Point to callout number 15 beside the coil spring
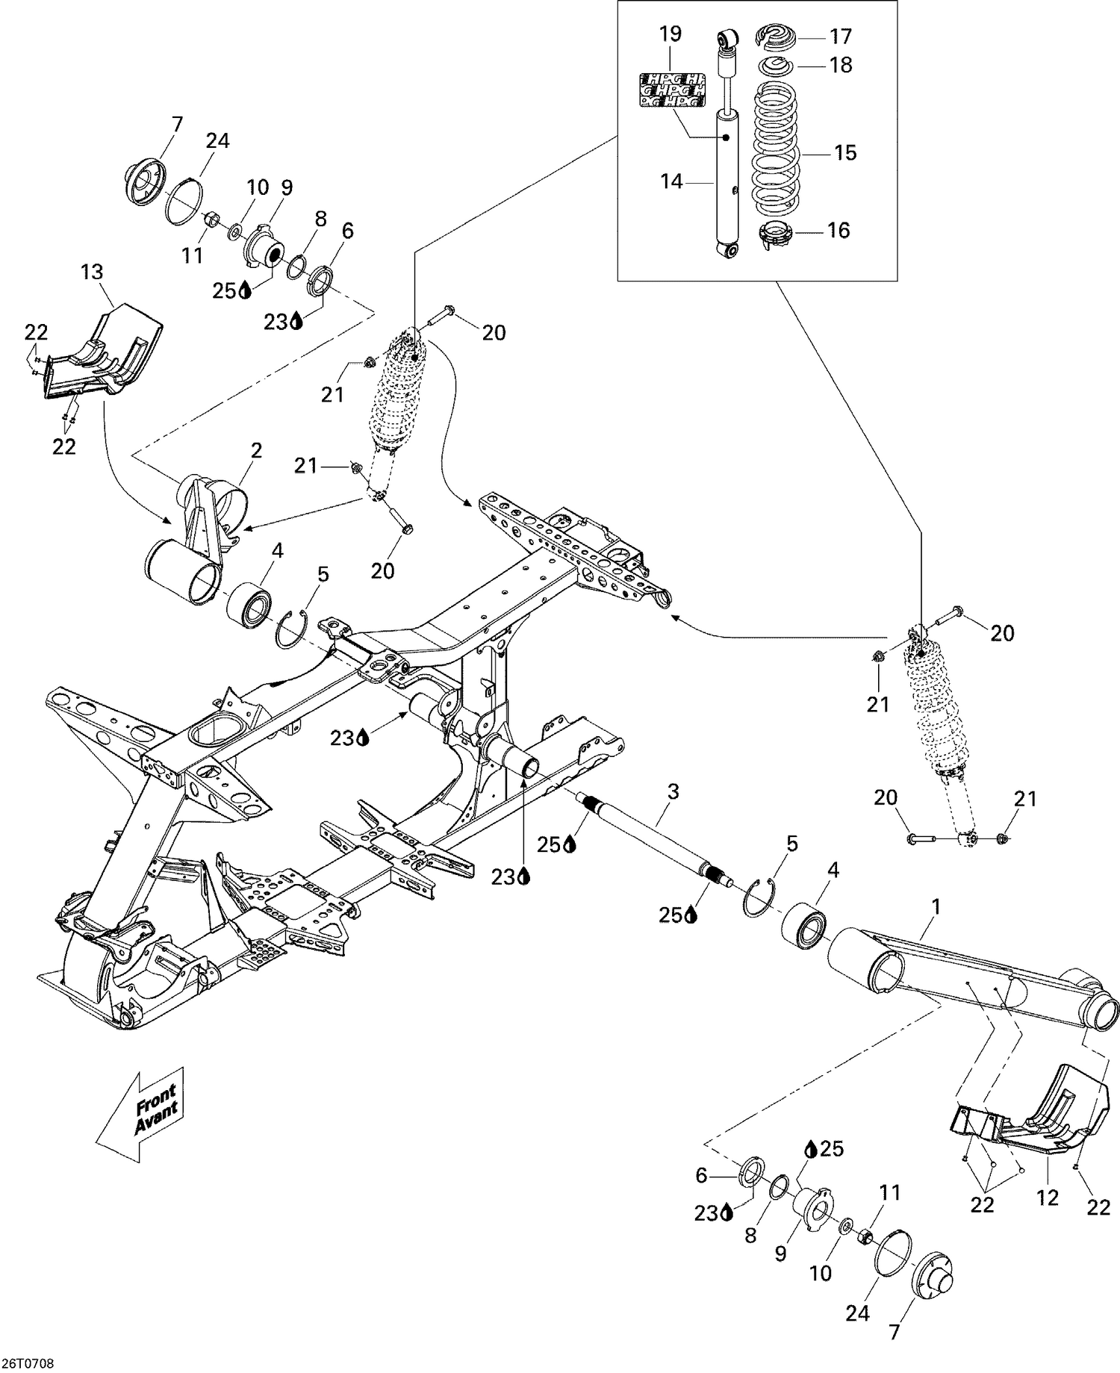pos(845,152)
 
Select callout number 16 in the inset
pos(839,230)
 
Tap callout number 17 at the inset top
pos(840,36)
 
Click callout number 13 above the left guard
pos(92,273)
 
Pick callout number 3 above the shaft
pos(673,791)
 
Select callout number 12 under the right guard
pos(1047,1198)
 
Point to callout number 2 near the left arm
pos(256,450)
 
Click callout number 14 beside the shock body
pos(671,181)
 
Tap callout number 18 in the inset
pos(841,65)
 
